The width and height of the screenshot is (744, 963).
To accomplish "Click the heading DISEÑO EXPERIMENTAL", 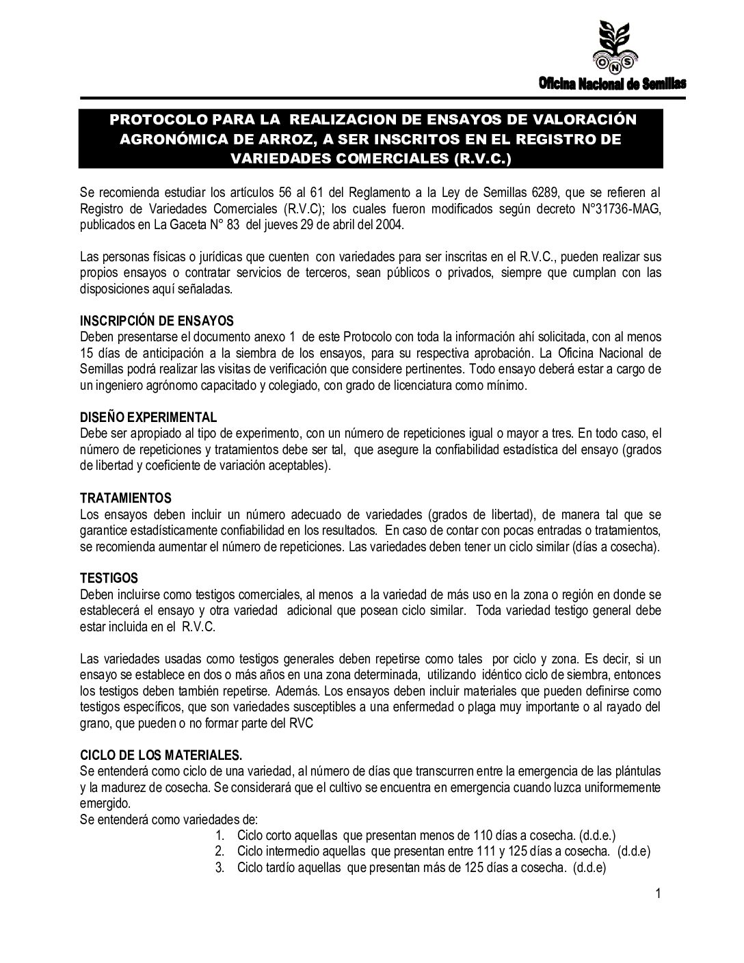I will [148, 418].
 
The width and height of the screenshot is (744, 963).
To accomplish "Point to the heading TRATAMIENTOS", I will [126, 497].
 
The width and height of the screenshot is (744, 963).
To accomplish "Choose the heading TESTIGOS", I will [109, 579].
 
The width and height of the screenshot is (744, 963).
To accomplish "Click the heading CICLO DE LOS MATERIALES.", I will [161, 756].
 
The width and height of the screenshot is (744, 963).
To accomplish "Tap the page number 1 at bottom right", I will [657, 893].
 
